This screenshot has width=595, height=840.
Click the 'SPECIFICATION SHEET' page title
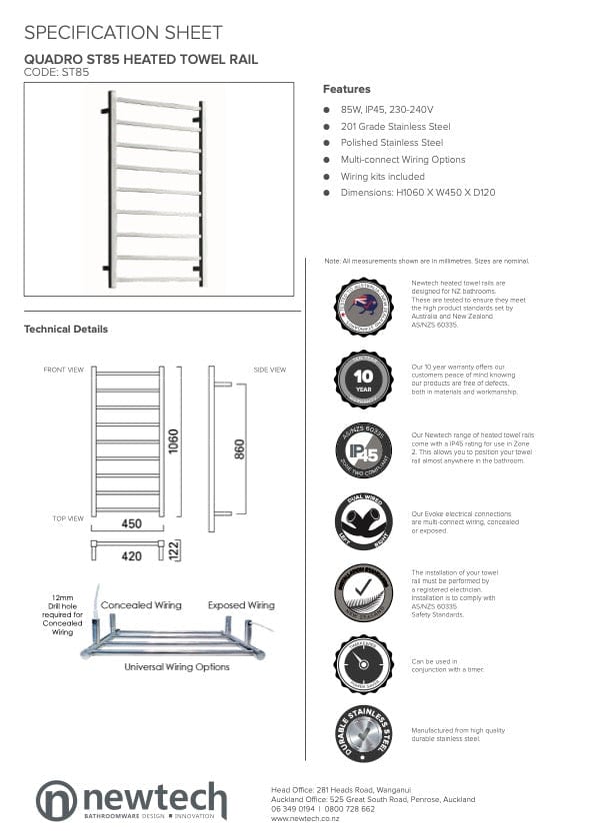[x=123, y=34]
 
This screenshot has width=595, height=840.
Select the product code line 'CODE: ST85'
[x=56, y=72]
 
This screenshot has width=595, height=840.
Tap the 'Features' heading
[x=346, y=89]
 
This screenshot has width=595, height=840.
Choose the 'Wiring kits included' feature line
[x=382, y=176]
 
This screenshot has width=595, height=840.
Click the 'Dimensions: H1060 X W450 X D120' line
[x=417, y=193]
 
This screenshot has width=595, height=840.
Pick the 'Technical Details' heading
[x=66, y=329]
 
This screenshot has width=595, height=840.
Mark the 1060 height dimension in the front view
[x=174, y=440]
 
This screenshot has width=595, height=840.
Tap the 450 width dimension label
[x=131, y=522]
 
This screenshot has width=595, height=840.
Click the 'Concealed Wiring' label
[x=140, y=605]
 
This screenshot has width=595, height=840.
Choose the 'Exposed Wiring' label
[x=241, y=605]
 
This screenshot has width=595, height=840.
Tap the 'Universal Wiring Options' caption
[x=177, y=666]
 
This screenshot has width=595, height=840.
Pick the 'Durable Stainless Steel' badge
[x=363, y=734]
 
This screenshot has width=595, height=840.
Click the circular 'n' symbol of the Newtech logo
[x=56, y=801]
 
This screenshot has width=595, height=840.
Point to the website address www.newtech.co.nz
[x=305, y=818]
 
